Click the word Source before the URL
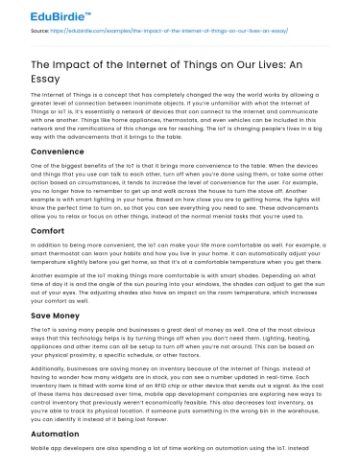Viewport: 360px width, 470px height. (x=39, y=31)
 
